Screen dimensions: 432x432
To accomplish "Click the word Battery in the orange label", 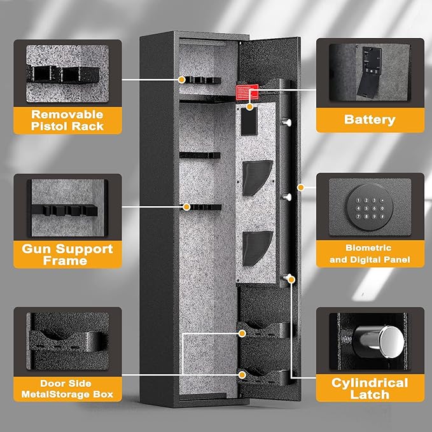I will [370, 119].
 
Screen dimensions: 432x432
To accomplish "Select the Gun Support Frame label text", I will [67, 254].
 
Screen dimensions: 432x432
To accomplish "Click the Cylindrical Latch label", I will [369, 388].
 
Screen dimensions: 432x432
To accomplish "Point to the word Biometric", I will [369, 247].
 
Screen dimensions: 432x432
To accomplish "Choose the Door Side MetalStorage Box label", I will [67, 389].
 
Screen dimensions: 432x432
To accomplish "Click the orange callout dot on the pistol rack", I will [182, 80].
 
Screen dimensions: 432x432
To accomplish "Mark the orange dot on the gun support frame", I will [186, 206].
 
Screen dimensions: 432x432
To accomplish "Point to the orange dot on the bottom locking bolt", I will [291, 277].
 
